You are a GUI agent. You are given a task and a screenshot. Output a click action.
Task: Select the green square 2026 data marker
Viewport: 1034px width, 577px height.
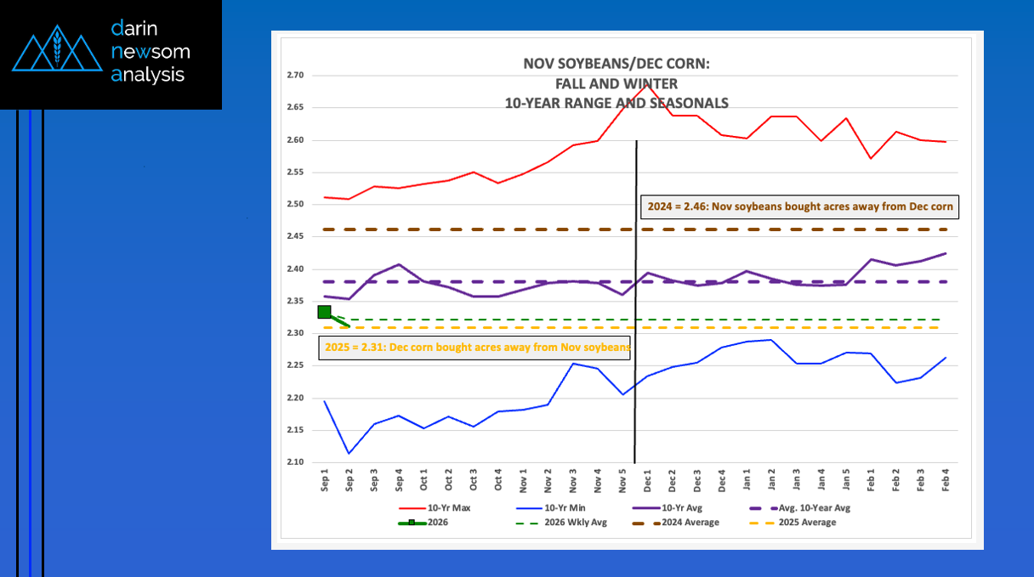pos(324,312)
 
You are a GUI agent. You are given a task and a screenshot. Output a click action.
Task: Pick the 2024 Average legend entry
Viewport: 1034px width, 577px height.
pos(689,523)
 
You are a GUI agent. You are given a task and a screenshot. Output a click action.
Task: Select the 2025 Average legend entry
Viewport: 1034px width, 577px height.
pos(804,523)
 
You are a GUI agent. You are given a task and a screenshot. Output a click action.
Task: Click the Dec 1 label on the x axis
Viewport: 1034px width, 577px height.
pos(648,482)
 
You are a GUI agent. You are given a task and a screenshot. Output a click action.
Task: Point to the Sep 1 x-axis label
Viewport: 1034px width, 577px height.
pos(325,482)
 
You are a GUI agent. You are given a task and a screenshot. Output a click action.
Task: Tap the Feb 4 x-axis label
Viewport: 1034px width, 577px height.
pos(945,482)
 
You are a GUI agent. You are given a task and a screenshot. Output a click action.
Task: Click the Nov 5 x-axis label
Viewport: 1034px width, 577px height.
pos(623,482)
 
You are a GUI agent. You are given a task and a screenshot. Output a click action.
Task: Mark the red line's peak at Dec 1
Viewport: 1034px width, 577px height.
pos(648,84)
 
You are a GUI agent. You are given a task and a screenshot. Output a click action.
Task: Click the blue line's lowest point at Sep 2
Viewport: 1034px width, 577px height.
pos(349,453)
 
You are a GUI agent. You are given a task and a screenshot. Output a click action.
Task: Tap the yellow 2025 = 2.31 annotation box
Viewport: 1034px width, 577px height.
pos(476,347)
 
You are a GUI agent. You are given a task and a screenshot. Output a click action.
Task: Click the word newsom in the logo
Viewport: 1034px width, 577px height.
pos(151,52)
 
